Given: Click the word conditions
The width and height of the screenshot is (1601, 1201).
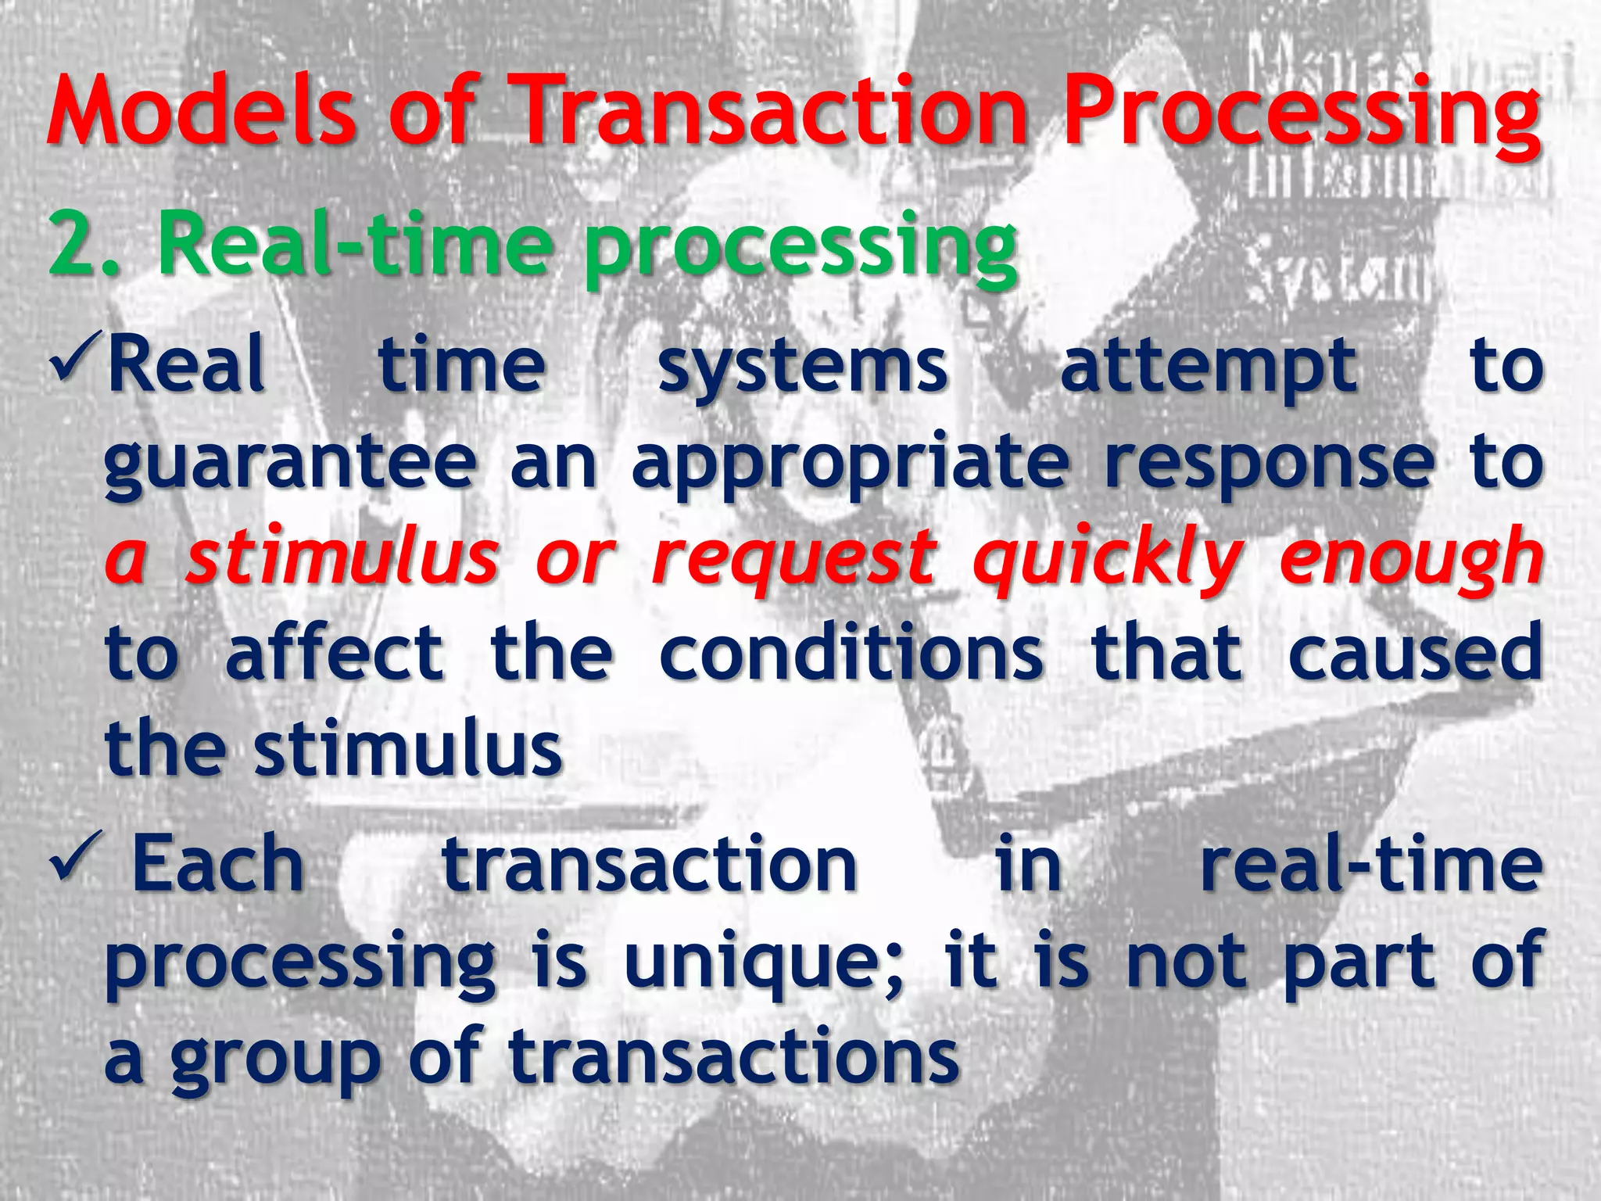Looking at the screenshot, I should (x=851, y=652).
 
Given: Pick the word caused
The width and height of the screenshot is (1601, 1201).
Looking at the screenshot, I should (x=1415, y=652).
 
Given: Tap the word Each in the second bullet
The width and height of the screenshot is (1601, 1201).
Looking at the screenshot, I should (x=217, y=863).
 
